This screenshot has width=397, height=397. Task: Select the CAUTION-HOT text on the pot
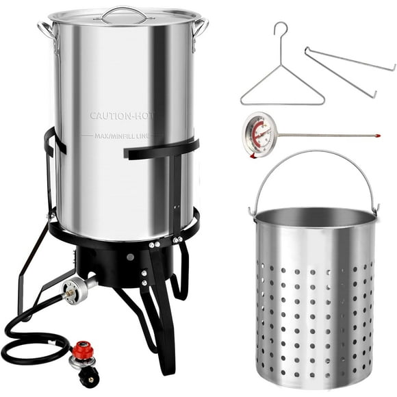[121, 116]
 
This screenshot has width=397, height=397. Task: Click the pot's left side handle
[46, 30]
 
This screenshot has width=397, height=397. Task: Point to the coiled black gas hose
[27, 342]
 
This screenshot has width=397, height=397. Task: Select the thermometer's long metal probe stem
[322, 135]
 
